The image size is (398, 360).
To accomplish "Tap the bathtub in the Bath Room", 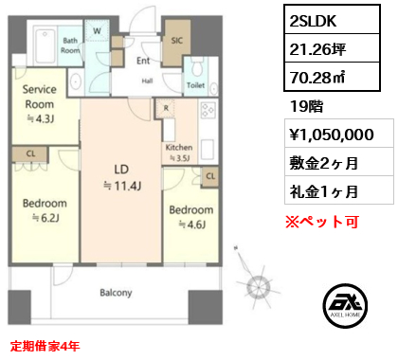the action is [45, 46].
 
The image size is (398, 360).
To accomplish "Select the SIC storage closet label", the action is [177, 41].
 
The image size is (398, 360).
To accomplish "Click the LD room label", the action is [121, 170].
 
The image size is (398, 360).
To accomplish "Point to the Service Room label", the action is [40, 97].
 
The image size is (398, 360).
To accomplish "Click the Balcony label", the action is [116, 293].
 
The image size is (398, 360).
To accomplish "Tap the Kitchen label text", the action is [179, 147].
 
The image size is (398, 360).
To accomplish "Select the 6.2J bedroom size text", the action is [46, 218].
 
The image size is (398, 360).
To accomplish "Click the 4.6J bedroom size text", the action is [192, 225].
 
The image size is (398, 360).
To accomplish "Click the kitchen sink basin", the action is [208, 150].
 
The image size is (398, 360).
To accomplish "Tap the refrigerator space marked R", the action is [165, 109].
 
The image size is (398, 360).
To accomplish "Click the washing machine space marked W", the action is [97, 30].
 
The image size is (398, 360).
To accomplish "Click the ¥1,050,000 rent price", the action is [332, 135].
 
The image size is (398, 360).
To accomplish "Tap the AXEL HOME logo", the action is [345, 305].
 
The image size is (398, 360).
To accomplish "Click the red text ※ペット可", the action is [322, 222].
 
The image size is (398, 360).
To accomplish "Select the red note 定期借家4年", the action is [45, 346].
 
